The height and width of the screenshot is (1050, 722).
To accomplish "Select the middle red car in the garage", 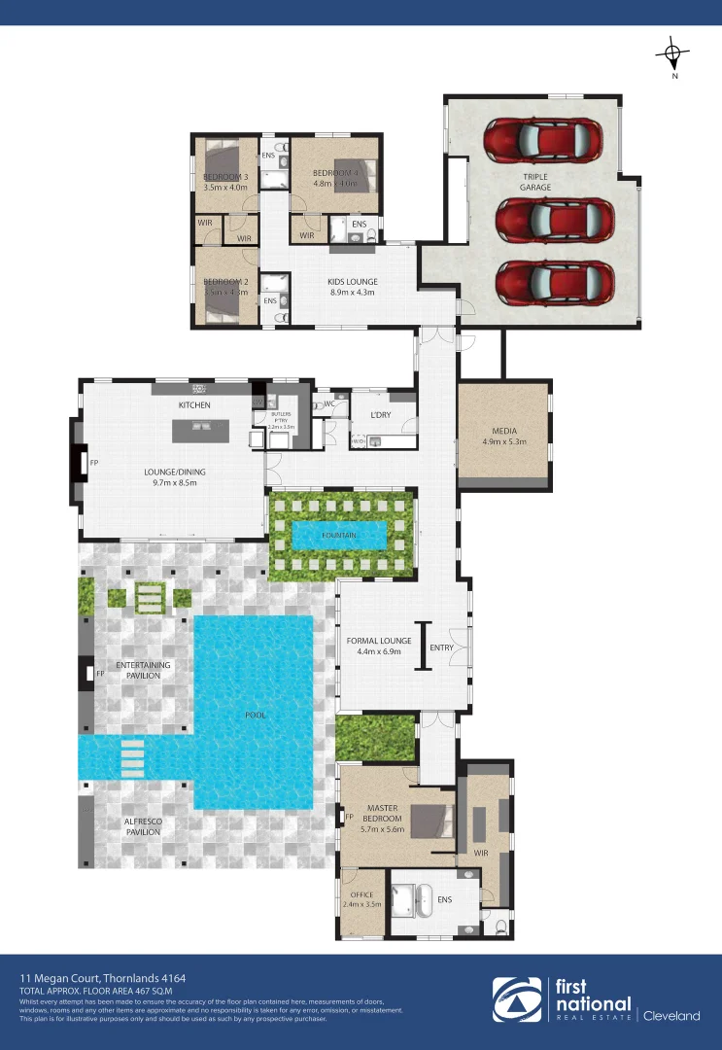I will (x=554, y=221).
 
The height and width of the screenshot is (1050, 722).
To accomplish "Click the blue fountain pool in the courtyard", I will (x=339, y=535).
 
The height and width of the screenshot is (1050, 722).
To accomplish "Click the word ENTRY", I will (x=442, y=647).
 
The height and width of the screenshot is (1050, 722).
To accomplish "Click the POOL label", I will (x=256, y=715).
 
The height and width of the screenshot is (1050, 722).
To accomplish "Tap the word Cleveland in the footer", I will (x=671, y=1016).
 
